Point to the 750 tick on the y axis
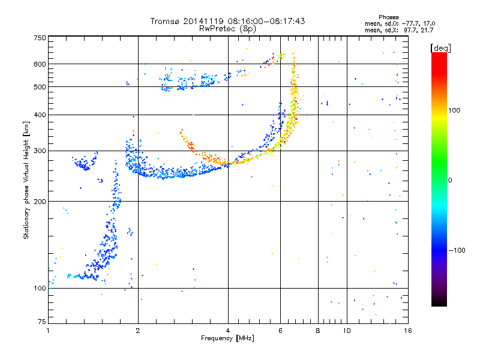[x=40, y=38]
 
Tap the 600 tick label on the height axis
[x=40, y=64]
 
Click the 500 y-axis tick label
[x=40, y=87]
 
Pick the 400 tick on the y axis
[x=40, y=115]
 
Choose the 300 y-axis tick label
[x=40, y=151]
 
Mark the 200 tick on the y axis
[x=40, y=202]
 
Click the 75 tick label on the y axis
[x=41, y=324]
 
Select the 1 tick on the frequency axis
[x=48, y=330]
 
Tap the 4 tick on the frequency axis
[x=228, y=330]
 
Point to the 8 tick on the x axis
[x=318, y=330]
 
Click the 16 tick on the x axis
[x=407, y=330]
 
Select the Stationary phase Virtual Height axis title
[x=26, y=180]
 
